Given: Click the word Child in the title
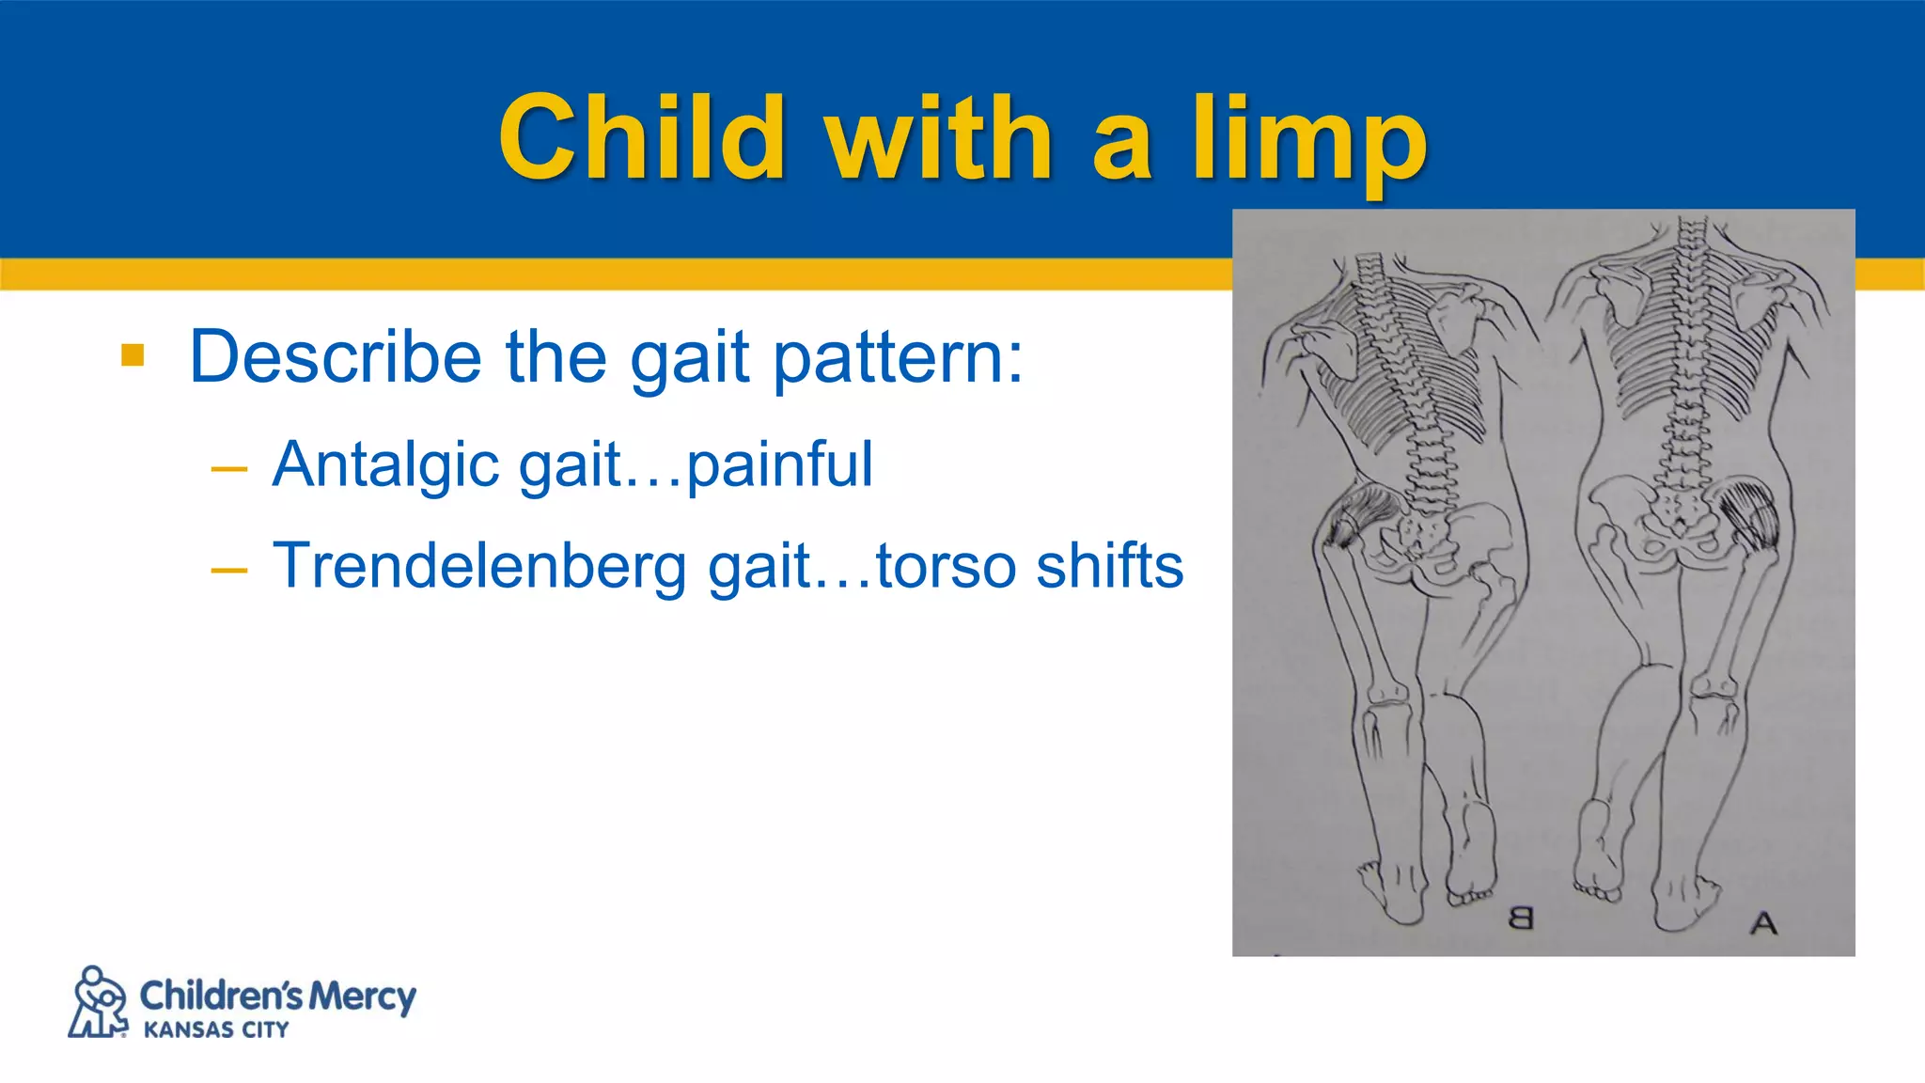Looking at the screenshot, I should pos(642,138).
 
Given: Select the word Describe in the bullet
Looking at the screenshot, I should pos(336,357).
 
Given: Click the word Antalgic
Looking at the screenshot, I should pos(385,464).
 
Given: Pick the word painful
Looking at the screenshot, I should pos(780,464).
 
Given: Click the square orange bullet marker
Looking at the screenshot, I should pos(133,355).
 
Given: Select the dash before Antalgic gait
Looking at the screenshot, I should pos(229,467).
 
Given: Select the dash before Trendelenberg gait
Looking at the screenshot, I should pos(229,569).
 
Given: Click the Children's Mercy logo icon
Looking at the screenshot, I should pos(99,1002).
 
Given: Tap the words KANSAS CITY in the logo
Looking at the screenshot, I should pos(216,1030).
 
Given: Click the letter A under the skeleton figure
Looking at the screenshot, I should pos(1763,923).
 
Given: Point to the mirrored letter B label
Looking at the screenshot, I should pos(1520,918).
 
